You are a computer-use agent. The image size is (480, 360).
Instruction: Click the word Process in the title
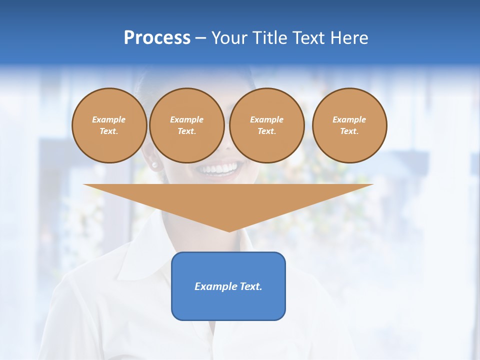click(157, 37)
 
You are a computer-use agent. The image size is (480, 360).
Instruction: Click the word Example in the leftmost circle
click(109, 119)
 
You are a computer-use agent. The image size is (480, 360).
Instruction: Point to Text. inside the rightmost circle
click(349, 131)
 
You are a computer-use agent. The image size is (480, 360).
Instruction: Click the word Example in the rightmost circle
click(349, 119)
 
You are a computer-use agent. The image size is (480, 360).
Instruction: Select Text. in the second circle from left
click(187, 131)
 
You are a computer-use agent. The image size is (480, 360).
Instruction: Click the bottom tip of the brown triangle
click(229, 231)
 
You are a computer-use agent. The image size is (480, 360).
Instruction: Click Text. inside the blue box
click(250, 286)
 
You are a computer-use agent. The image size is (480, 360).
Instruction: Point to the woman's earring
click(154, 164)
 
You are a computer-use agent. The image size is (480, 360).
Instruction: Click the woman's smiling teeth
click(218, 168)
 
